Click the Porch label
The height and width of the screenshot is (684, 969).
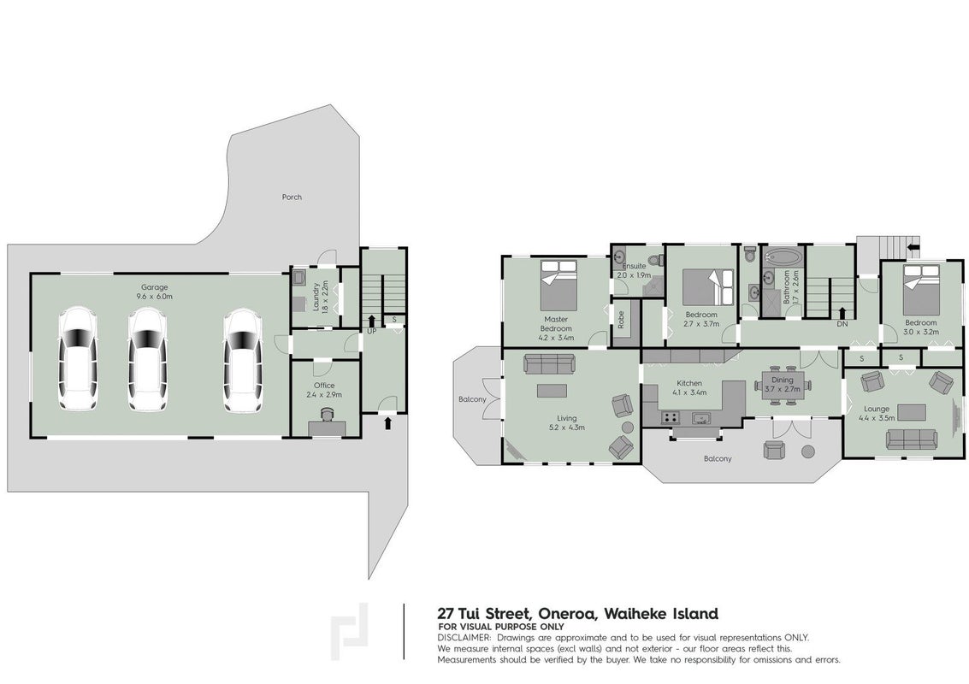pyautogui.click(x=292, y=198)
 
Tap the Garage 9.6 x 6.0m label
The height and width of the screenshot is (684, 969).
pyautogui.click(x=155, y=292)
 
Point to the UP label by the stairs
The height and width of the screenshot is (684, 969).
pyautogui.click(x=371, y=332)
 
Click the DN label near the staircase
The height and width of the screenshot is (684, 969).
pyautogui.click(x=842, y=324)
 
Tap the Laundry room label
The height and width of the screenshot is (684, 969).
pyautogui.click(x=320, y=298)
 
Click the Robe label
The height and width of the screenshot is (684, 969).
pyautogui.click(x=621, y=320)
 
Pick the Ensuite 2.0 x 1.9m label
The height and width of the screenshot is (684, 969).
pyautogui.click(x=630, y=270)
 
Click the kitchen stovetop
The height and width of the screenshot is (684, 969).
pyautogui.click(x=670, y=418)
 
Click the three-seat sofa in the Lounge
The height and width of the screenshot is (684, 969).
pyautogui.click(x=910, y=439)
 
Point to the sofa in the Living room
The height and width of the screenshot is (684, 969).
pyautogui.click(x=549, y=363)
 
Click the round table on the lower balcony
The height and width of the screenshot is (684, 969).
pyautogui.click(x=807, y=451)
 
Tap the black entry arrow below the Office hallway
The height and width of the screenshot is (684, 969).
pyautogui.click(x=387, y=422)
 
